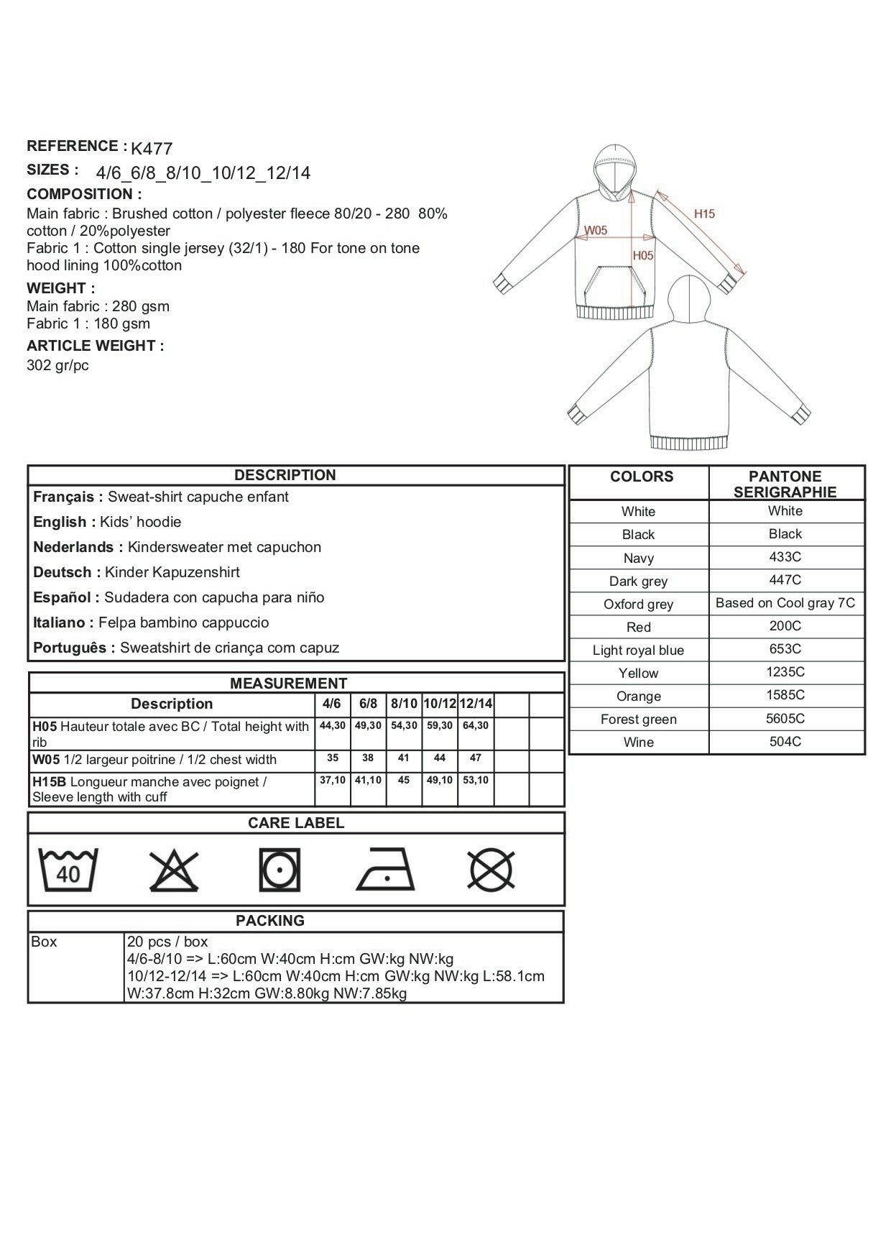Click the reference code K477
(152, 149)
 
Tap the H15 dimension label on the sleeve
(704, 213)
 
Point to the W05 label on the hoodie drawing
(596, 231)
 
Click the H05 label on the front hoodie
(643, 255)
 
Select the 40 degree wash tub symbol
(68, 870)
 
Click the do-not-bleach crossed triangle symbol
(174, 870)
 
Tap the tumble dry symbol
(280, 870)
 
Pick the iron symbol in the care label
(384, 869)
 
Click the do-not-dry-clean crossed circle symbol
(491, 870)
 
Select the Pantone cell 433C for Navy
(785, 557)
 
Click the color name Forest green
(638, 719)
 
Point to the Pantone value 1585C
(785, 695)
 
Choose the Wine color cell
(638, 742)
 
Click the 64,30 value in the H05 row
(475, 726)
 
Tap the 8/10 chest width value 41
(403, 758)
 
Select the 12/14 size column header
(476, 704)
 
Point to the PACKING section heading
(270, 921)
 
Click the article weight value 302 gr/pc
(58, 365)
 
